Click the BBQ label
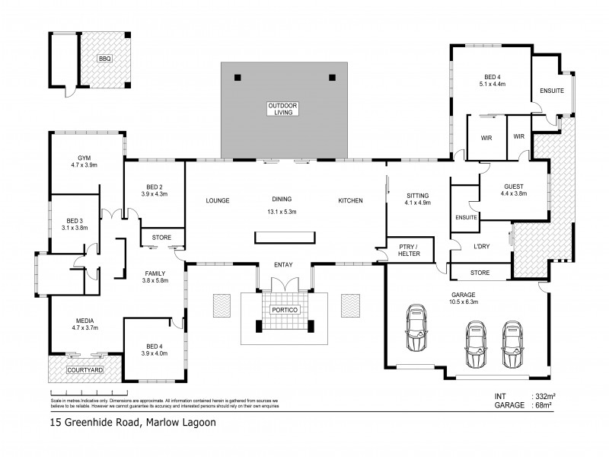(x=104, y=59)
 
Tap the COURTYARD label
(x=84, y=370)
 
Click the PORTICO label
(x=285, y=310)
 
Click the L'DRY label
(x=481, y=245)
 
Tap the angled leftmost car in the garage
(x=416, y=328)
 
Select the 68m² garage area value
(x=543, y=405)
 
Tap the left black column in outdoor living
(x=238, y=76)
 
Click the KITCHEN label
(x=350, y=200)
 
